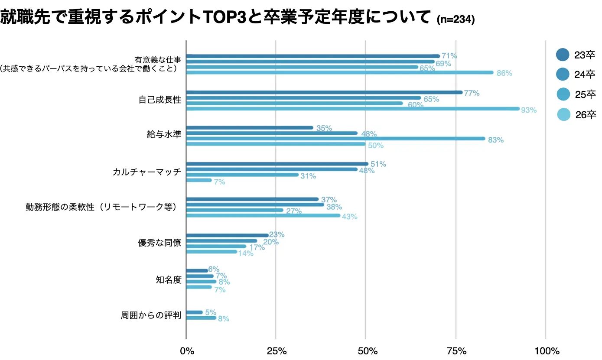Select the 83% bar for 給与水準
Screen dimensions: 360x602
point(335,139)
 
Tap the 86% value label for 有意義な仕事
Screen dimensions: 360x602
point(504,73)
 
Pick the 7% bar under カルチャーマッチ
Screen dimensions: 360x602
point(199,180)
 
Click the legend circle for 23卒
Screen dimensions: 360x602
point(563,55)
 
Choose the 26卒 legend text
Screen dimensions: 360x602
point(586,115)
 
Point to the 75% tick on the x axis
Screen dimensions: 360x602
point(456,350)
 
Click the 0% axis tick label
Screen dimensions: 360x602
point(187,350)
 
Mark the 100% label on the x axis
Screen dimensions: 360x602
point(547,350)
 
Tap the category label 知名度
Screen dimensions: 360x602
point(168,280)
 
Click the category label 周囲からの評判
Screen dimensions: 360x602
point(150,315)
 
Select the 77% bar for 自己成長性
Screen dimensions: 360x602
point(324,92)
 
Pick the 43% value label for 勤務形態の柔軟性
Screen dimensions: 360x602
point(350,217)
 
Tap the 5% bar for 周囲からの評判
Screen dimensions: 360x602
point(194,312)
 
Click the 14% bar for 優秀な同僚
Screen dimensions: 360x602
point(212,252)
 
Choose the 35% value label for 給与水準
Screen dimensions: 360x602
point(324,128)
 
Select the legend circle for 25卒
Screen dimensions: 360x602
point(563,94)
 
